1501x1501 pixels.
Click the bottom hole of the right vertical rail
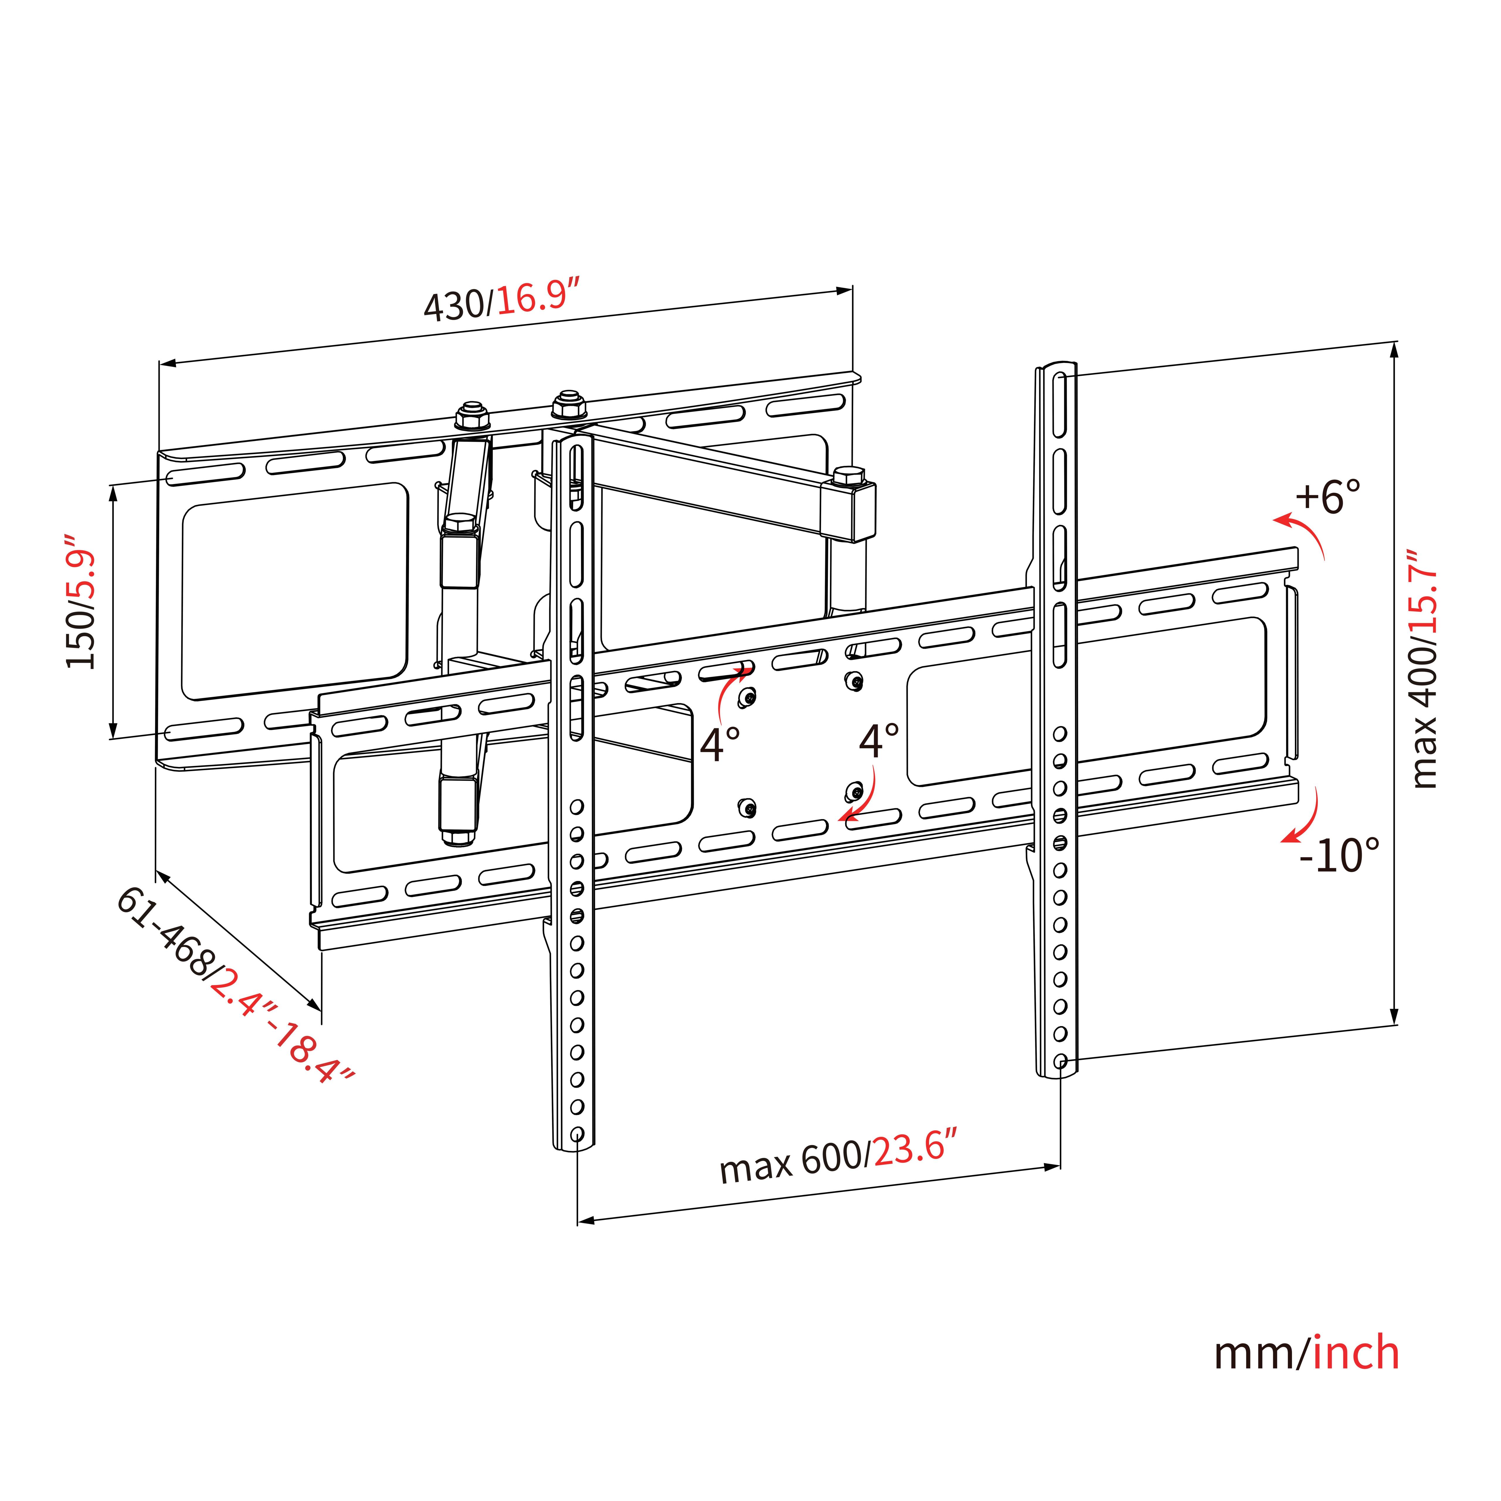[1060, 1061]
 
